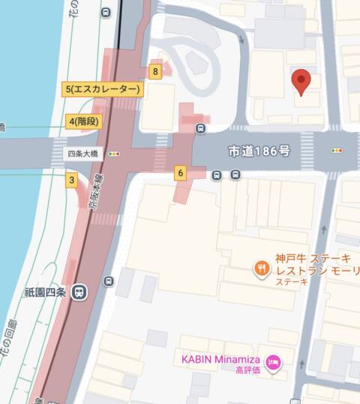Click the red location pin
point(301,80)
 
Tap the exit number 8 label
point(155,72)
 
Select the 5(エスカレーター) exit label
point(102,90)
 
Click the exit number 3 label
point(72,179)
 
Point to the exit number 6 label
point(180,173)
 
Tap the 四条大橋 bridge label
point(79,153)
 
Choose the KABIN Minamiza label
point(223,359)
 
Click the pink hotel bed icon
point(274,363)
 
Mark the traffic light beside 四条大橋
point(114,154)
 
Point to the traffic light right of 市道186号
point(337,151)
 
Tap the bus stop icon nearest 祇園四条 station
point(110,281)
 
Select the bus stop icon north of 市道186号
point(200,128)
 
